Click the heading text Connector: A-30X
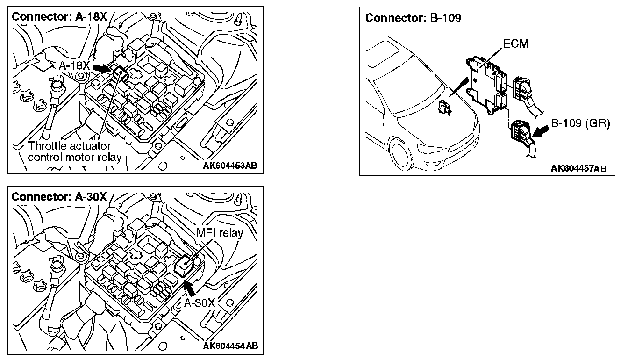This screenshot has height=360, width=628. coord(59,196)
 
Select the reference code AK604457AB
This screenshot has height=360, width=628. coord(578,168)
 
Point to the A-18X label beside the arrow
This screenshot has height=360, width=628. coord(75,65)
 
